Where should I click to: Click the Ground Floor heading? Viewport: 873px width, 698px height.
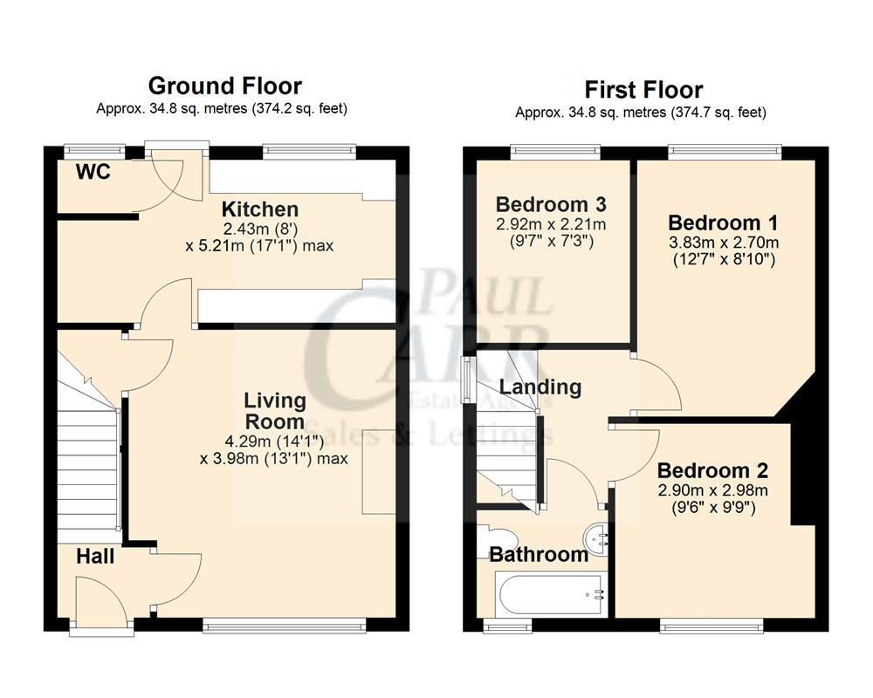click(224, 86)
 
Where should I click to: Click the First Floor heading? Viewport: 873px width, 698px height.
click(643, 89)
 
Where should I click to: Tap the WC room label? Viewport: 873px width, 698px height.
click(93, 173)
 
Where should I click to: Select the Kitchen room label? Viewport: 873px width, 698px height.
click(259, 209)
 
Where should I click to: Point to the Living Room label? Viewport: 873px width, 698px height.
click(274, 411)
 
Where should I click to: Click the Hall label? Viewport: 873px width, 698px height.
click(95, 556)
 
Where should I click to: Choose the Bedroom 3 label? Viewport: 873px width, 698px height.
click(551, 204)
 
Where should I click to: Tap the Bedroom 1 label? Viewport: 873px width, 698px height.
click(723, 222)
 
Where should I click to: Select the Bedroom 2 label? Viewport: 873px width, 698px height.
click(713, 471)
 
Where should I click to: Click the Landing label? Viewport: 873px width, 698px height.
click(540, 387)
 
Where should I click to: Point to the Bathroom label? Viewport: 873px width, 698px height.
click(538, 554)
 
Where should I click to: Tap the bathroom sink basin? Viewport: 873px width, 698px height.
click(599, 538)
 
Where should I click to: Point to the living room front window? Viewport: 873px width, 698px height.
click(285, 623)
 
